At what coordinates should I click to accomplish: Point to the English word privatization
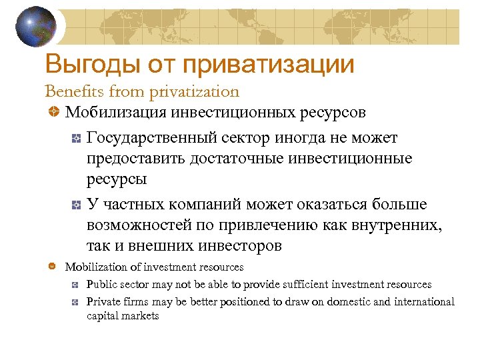(x=194, y=91)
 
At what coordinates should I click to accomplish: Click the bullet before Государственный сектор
(x=77, y=139)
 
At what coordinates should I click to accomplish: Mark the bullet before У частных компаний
(x=77, y=204)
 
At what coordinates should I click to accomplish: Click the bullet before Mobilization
(x=53, y=267)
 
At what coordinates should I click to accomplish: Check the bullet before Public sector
(x=77, y=285)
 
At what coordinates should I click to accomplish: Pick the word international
(x=424, y=302)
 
